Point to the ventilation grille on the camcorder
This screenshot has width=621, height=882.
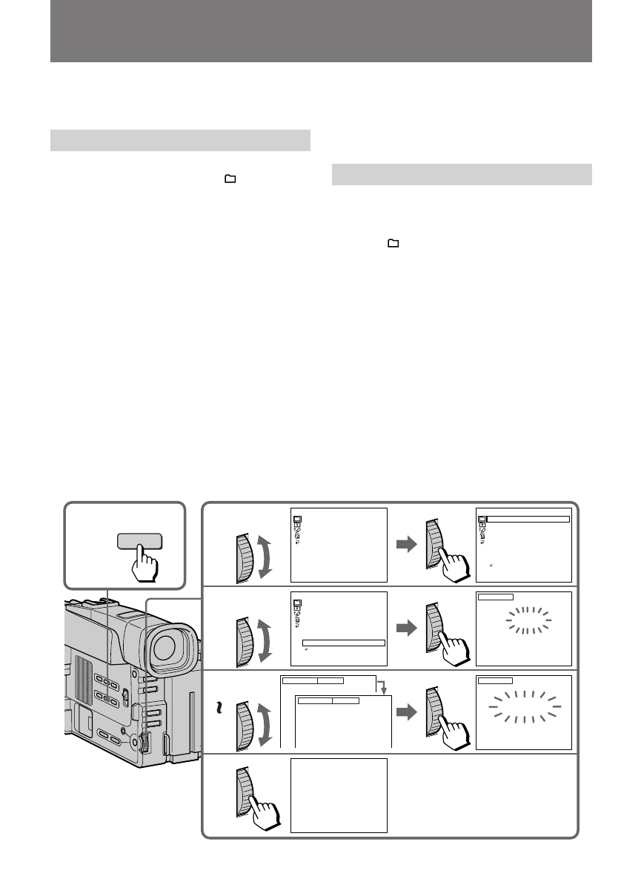click(x=84, y=679)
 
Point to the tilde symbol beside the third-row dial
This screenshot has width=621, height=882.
click(x=217, y=709)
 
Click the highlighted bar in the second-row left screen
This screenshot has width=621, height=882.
click(x=344, y=642)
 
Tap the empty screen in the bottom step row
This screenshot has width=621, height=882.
click(x=339, y=795)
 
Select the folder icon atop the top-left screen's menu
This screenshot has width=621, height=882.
click(x=296, y=519)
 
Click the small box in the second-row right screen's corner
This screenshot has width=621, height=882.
click(x=496, y=596)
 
